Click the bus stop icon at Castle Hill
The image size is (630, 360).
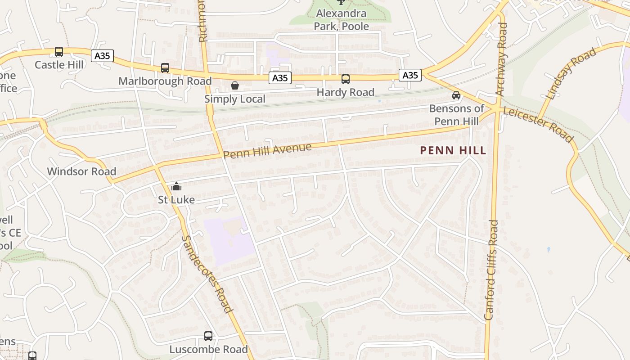point(59,52)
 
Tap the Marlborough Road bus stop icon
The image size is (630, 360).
point(165,68)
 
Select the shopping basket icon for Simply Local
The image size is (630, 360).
point(234,85)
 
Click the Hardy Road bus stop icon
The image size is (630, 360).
point(346,79)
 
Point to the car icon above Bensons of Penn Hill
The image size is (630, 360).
point(456,95)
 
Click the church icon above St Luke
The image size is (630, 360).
point(176,186)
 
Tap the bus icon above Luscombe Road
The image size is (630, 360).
point(208,336)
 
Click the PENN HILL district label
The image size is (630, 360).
point(453,150)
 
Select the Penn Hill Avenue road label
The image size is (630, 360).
point(267,151)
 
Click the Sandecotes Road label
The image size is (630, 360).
point(207,274)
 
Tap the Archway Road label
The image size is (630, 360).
point(501,59)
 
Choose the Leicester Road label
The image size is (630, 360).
point(538,124)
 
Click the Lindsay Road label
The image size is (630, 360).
point(571,73)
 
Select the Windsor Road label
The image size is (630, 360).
point(81,171)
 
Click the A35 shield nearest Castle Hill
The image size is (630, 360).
point(103,56)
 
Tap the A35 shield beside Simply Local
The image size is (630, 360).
point(280,78)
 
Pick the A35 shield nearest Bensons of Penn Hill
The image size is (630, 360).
point(410,75)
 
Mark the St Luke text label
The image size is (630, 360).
point(176,199)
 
